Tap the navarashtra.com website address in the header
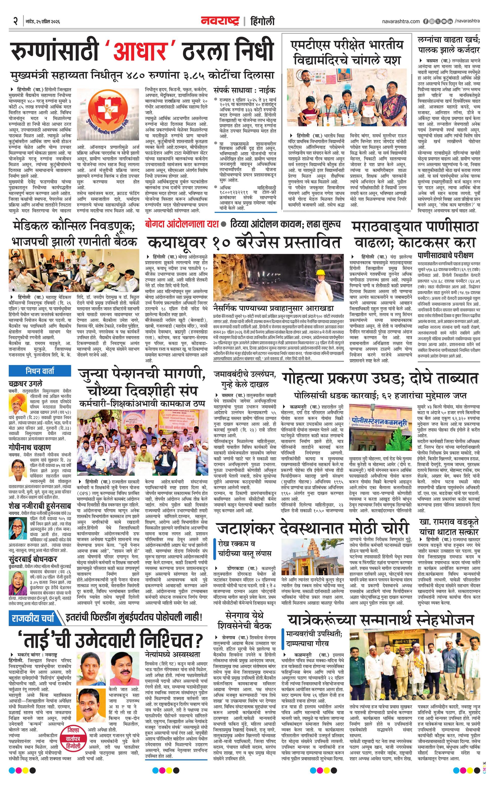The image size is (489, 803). (401, 21)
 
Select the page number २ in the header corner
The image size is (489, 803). (15, 22)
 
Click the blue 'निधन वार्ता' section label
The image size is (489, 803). (40, 371)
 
